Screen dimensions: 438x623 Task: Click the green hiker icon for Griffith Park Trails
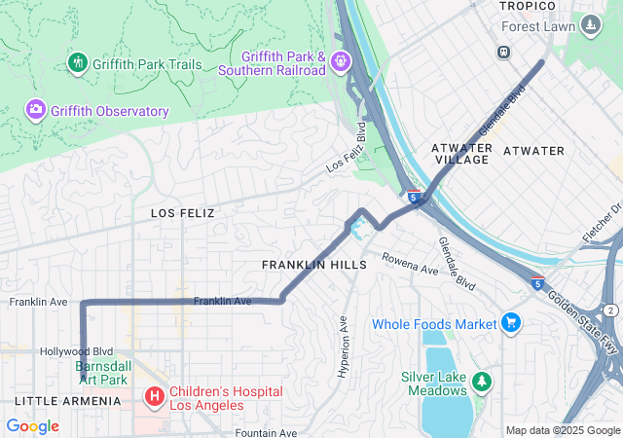tap(78, 64)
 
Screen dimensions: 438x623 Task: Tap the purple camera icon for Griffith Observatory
tap(36, 111)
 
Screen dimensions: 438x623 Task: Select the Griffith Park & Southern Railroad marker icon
tap(340, 62)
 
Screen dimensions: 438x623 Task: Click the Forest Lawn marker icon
tap(591, 25)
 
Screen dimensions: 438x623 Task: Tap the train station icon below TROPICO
tap(504, 53)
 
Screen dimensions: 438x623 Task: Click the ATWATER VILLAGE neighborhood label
tap(460, 153)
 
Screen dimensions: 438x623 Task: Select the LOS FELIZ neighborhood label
tap(182, 212)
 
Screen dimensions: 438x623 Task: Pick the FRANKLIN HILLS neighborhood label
tap(313, 265)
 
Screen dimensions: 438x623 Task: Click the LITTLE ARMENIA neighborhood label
tap(67, 401)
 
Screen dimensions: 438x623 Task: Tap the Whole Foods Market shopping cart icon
tap(511, 323)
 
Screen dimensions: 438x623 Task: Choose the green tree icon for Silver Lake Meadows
tap(482, 379)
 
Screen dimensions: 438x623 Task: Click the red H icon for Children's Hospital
tap(153, 396)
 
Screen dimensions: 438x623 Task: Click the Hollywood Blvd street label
tap(76, 351)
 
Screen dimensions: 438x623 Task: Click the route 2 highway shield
tap(609, 310)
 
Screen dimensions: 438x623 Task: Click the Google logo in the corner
tap(32, 426)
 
